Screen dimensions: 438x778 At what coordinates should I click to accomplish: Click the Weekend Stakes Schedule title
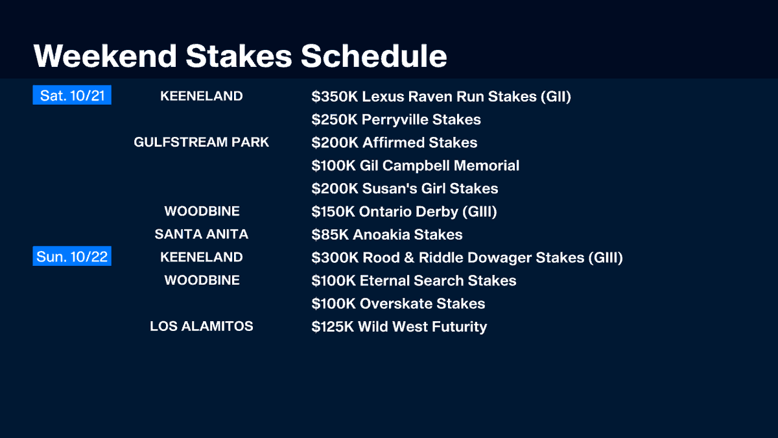tap(240, 56)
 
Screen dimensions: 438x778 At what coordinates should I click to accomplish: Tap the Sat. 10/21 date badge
tap(72, 96)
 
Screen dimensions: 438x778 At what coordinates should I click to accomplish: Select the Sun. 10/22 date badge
tap(72, 257)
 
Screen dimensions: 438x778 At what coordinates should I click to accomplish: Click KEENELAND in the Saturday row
tap(202, 96)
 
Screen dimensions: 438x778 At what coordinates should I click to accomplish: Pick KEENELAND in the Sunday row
tap(202, 257)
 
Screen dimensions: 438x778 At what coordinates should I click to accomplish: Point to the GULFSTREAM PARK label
tap(202, 142)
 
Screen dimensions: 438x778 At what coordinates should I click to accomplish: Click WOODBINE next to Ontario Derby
tap(202, 211)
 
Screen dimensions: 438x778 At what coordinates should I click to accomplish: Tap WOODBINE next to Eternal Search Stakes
tap(202, 280)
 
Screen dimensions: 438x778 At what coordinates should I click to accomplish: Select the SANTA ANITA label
tap(202, 234)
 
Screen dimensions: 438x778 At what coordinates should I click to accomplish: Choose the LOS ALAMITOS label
tap(202, 326)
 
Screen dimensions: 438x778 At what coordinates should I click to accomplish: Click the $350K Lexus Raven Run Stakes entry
tap(441, 97)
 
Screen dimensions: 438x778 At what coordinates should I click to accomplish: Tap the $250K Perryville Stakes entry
tap(396, 119)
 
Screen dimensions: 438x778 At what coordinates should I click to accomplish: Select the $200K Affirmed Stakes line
tap(394, 143)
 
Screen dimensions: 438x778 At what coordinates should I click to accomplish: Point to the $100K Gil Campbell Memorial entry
tap(415, 165)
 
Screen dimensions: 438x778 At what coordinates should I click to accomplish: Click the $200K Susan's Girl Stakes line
tap(405, 189)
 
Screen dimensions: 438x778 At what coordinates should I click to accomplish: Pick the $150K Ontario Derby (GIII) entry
tap(404, 212)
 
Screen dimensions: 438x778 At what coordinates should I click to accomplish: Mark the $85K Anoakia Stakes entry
tap(387, 235)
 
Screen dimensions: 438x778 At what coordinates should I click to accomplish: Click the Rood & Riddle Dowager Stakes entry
tap(467, 258)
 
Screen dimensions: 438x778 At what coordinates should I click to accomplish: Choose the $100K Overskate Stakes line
tap(398, 304)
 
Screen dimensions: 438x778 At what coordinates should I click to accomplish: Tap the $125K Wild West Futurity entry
tap(399, 326)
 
